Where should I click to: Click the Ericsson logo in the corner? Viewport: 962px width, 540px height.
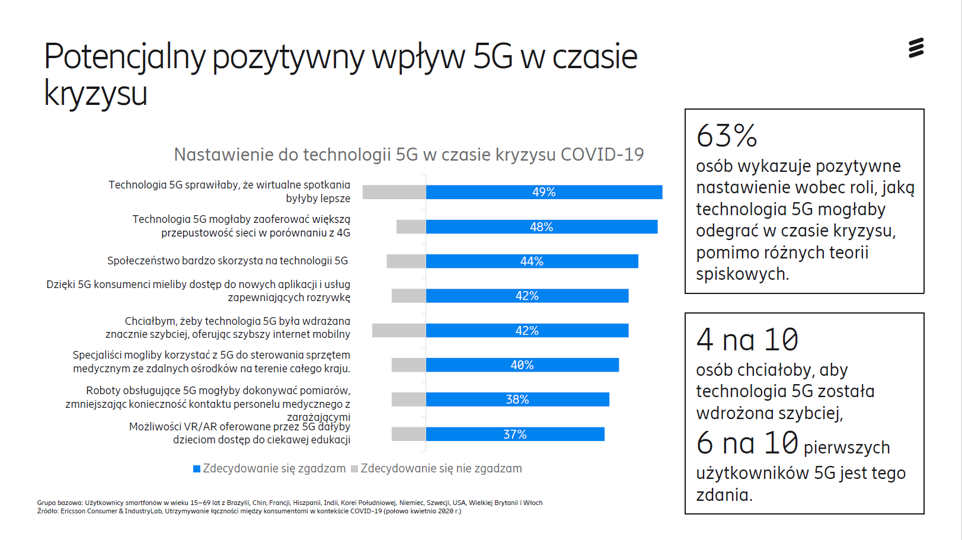point(916,48)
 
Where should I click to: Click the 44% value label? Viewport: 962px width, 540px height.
point(532,261)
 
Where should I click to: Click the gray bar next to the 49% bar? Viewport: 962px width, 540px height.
point(394,192)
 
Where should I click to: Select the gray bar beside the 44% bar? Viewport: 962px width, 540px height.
point(406,261)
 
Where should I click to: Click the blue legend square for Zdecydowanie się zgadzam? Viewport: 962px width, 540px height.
point(197,469)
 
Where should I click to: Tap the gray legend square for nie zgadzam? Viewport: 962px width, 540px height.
point(354,469)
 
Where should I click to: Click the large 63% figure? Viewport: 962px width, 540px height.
point(727,136)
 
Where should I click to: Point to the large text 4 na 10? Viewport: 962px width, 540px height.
point(747,340)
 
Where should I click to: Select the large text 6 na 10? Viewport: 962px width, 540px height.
point(747,443)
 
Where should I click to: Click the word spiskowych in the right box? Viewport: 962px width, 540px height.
point(742,274)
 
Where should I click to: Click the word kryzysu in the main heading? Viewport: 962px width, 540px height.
point(95,94)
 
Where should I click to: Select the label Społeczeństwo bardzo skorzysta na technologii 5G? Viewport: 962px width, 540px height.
point(228,261)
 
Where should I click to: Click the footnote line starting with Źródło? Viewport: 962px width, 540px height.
point(249,511)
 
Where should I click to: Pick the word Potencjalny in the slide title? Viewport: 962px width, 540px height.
point(124,57)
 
